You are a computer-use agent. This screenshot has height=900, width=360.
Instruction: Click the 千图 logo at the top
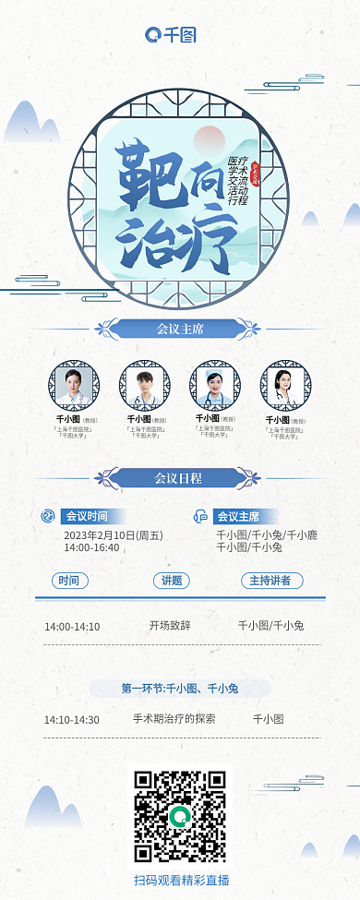(171, 35)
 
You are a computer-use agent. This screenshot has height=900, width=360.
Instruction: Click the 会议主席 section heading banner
(180, 328)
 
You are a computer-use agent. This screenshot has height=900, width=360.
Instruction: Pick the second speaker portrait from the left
(144, 384)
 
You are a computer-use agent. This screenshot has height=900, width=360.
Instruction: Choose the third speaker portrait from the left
(214, 384)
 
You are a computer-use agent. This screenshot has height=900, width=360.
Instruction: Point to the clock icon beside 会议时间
(48, 516)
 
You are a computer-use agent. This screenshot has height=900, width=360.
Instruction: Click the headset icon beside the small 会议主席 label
(200, 516)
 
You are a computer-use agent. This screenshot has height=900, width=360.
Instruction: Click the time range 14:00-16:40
(91, 547)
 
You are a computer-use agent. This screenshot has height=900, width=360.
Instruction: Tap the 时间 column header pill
(69, 581)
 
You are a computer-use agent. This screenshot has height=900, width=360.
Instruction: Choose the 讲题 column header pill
(172, 581)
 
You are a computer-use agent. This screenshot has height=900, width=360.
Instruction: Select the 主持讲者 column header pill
(270, 581)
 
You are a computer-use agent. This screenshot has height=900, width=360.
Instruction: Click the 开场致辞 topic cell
(170, 625)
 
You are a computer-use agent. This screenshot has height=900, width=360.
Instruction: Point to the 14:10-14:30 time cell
(72, 719)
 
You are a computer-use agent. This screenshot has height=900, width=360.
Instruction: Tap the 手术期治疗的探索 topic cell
(174, 718)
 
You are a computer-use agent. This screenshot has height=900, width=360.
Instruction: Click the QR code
(180, 816)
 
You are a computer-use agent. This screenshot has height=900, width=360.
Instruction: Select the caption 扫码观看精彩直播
(181, 880)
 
